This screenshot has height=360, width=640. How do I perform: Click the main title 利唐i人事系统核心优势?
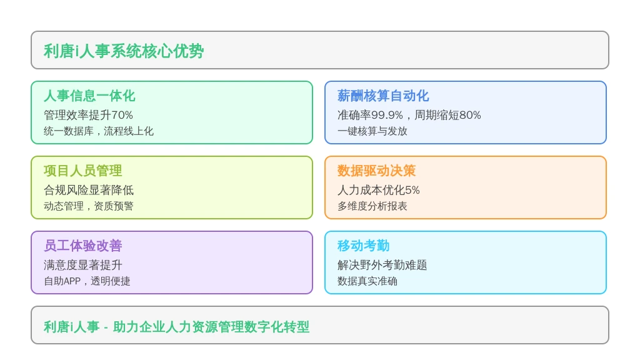[124, 51]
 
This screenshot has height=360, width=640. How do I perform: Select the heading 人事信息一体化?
[89, 96]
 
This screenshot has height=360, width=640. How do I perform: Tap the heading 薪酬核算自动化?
[383, 96]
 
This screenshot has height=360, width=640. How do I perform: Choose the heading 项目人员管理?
[83, 171]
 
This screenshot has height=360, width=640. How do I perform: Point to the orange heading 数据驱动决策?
[376, 171]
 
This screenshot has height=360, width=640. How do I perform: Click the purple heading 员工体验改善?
[83, 246]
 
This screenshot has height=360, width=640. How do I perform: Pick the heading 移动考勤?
[363, 246]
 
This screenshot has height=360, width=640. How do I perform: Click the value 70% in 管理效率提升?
[122, 115]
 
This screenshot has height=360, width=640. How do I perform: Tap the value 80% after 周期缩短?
[470, 115]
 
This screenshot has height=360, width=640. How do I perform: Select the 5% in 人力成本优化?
[412, 190]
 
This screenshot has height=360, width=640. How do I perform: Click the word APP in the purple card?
[72, 281]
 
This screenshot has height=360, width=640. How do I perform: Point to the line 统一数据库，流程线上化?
[99, 131]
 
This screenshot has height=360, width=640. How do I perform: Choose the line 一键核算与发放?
[372, 131]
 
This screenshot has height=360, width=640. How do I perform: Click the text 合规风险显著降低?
[89, 190]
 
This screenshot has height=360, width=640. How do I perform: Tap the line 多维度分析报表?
[372, 206]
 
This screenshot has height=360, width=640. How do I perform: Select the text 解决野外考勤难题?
[382, 265]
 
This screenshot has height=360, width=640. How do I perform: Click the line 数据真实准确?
[367, 281]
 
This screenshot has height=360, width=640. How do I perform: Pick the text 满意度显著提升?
[83, 265]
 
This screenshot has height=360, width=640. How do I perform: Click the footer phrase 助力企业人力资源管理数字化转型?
[211, 327]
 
